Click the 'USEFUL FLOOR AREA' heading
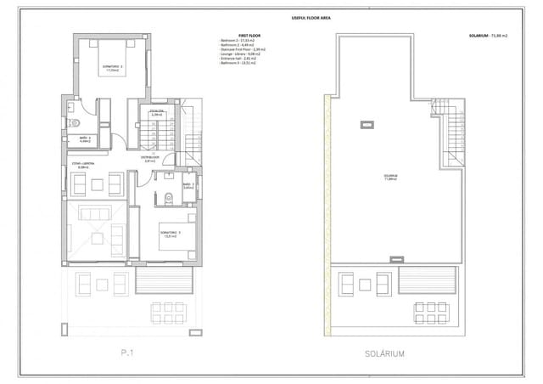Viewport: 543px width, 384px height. (x=304, y=17)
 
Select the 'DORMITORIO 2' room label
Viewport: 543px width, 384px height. (x=114, y=68)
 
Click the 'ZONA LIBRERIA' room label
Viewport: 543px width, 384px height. (x=81, y=167)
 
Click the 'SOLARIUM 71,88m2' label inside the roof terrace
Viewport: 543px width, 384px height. (x=390, y=178)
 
